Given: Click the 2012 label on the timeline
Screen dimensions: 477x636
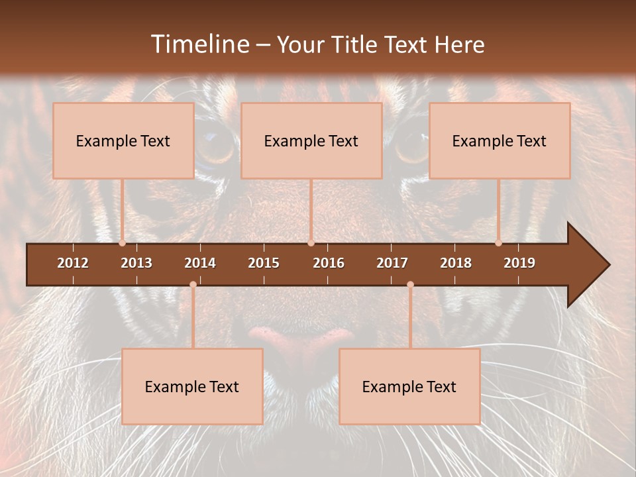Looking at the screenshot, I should click(x=73, y=263).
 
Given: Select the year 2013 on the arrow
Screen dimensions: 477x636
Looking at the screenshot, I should click(x=136, y=263).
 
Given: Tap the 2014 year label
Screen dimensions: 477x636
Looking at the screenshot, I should click(x=200, y=263).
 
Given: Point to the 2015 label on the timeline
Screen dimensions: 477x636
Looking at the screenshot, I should click(x=264, y=263).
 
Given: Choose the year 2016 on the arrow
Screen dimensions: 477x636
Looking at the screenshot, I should click(x=329, y=263).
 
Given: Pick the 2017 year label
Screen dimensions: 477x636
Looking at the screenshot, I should click(x=392, y=263).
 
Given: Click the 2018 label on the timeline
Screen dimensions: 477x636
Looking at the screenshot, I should click(x=456, y=263).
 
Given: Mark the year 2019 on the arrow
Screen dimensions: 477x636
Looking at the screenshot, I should click(x=519, y=263).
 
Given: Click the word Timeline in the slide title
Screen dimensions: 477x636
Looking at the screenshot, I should click(x=199, y=44).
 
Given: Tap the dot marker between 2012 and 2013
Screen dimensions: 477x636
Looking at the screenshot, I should click(x=123, y=243).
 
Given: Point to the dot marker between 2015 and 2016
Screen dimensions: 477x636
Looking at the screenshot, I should click(x=311, y=243).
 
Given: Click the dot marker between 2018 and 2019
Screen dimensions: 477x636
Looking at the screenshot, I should click(x=499, y=243).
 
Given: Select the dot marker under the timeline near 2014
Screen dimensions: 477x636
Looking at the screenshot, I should click(x=193, y=285).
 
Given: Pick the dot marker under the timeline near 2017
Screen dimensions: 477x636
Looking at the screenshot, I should click(x=410, y=285).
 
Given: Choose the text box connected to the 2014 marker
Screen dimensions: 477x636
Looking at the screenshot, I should click(x=192, y=386).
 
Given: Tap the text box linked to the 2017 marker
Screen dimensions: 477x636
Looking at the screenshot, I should click(x=409, y=386).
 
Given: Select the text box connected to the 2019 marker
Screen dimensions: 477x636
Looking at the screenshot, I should click(x=500, y=140).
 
